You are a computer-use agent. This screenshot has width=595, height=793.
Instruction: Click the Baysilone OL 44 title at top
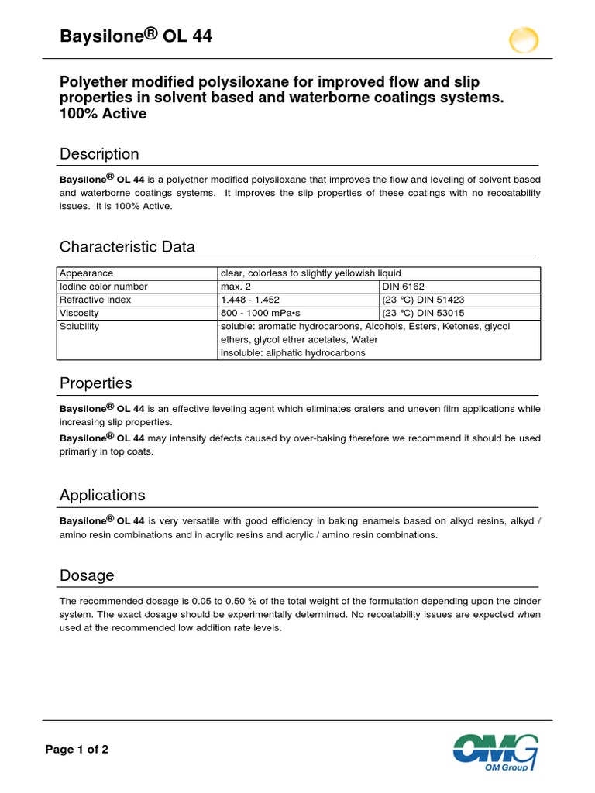(136, 37)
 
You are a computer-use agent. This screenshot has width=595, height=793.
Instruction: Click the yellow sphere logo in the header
(524, 39)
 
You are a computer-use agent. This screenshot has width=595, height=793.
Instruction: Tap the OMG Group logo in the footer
(495, 752)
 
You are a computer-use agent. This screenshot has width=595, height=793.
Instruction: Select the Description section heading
(99, 154)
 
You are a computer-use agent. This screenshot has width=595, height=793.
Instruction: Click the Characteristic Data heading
(127, 247)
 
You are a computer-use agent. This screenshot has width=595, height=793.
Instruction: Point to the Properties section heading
(96, 383)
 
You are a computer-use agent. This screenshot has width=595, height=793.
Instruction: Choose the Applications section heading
(102, 495)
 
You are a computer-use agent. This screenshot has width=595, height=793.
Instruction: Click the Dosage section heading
(87, 575)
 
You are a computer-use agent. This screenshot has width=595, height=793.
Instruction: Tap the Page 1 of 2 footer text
(77, 749)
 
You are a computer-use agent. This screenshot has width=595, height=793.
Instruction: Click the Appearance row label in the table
(87, 273)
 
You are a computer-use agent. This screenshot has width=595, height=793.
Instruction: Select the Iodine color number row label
(104, 287)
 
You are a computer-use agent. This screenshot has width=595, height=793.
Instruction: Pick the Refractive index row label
(95, 300)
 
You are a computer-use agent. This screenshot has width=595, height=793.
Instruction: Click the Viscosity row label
(80, 313)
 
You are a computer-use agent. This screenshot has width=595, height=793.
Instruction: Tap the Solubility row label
(80, 326)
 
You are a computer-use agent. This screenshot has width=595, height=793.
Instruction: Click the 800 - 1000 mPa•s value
(263, 313)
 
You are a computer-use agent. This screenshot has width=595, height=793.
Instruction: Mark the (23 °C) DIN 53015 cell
(423, 313)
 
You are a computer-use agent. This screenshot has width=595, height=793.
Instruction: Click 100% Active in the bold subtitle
(103, 114)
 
